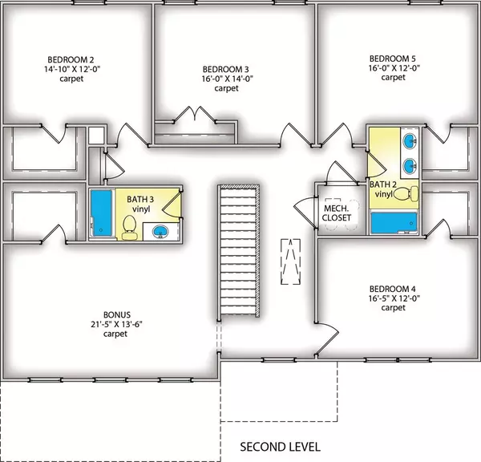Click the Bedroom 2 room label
(71, 59)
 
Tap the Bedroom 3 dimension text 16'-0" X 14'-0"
(227, 79)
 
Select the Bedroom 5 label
(393, 59)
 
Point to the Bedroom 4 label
(393, 289)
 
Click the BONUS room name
(117, 314)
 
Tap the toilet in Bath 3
(129, 227)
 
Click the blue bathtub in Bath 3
(102, 213)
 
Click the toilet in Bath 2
(406, 193)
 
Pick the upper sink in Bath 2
(410, 141)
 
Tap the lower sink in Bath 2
(410, 166)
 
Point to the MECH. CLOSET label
(337, 213)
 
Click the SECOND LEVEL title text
(280, 447)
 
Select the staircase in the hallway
(239, 250)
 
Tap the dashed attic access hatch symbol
(290, 261)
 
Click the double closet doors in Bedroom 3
(195, 115)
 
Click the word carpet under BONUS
(115, 334)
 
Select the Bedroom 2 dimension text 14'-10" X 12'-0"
(72, 69)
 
